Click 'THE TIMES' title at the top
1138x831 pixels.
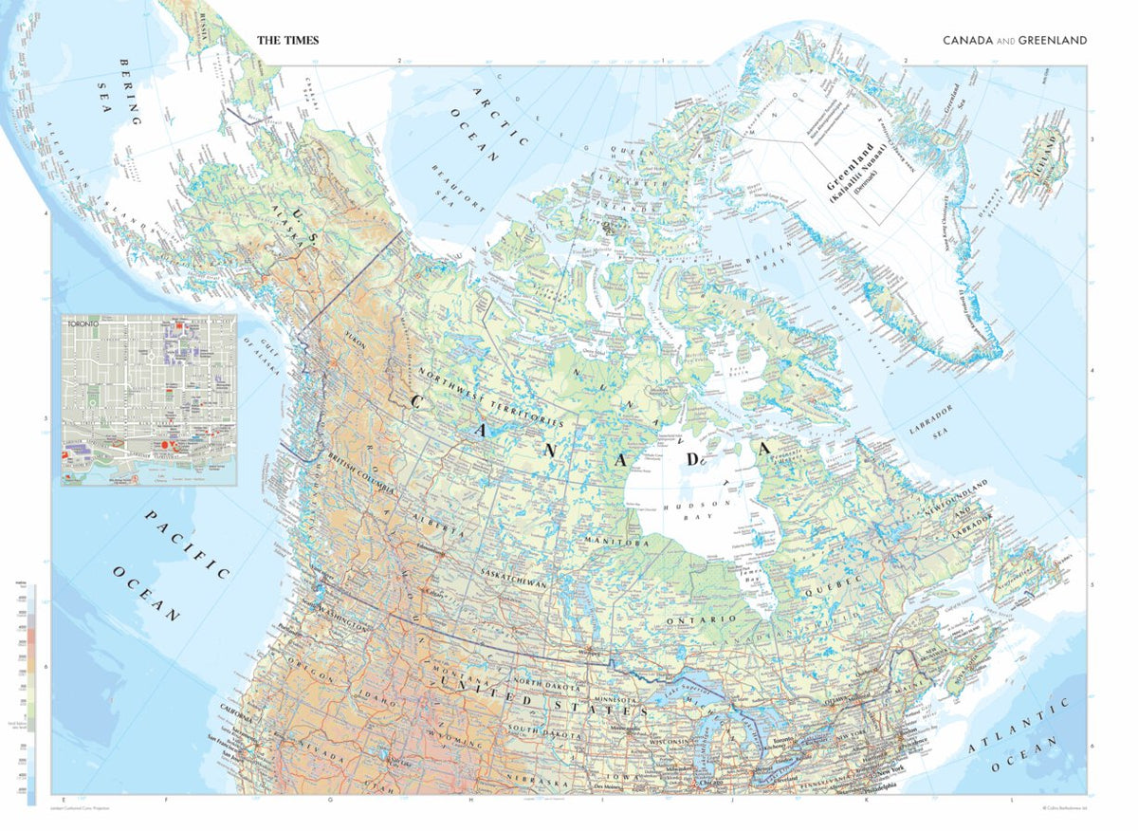(x=288, y=41)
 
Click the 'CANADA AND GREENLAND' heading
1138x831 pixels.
(x=1014, y=41)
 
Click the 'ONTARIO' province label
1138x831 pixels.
(x=701, y=619)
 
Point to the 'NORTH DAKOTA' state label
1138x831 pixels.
(x=548, y=681)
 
